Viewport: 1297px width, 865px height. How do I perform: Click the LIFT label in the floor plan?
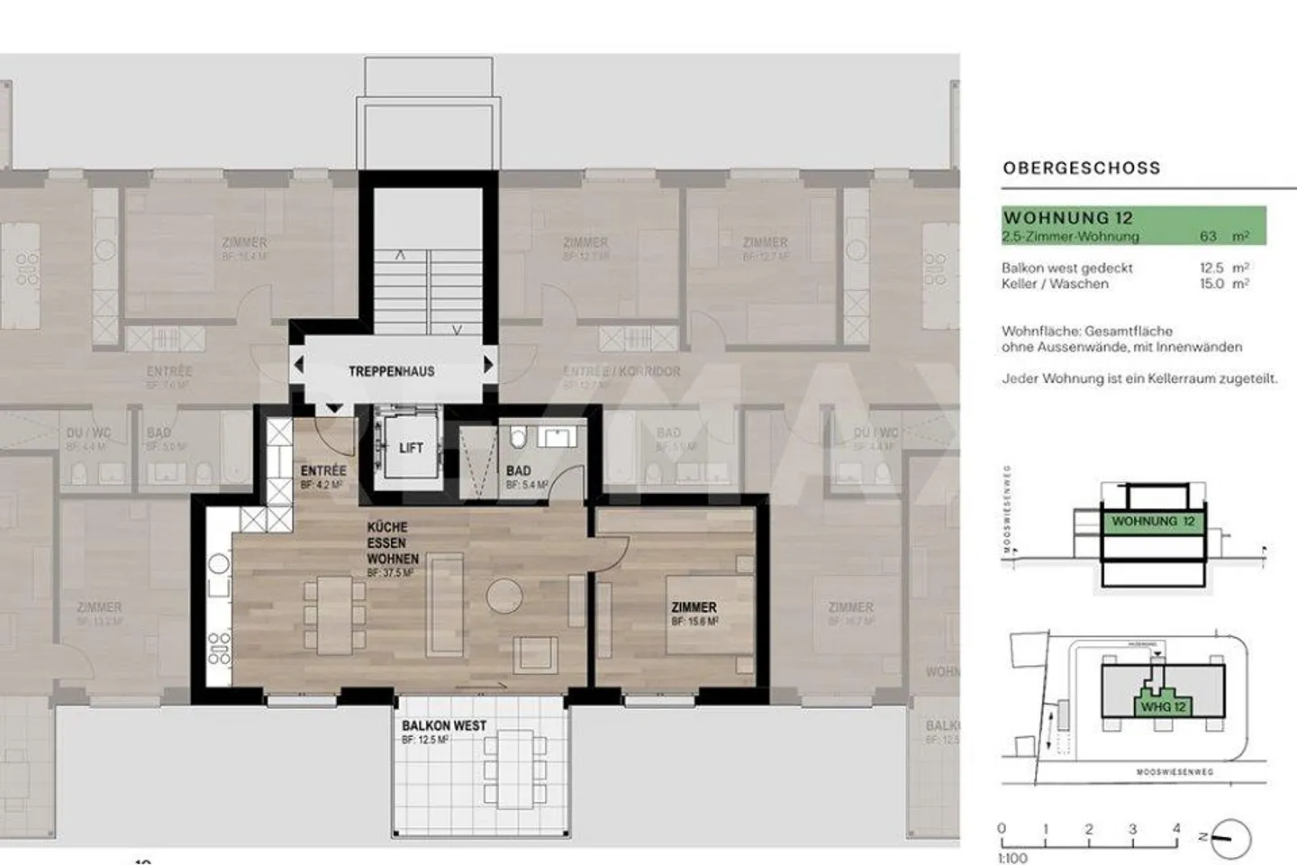pyautogui.click(x=411, y=448)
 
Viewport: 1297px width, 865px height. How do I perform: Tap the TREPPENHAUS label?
pyautogui.click(x=391, y=371)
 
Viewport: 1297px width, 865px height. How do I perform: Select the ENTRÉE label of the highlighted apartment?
pyautogui.click(x=323, y=470)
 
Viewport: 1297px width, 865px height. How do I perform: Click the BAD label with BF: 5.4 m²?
pyautogui.click(x=519, y=470)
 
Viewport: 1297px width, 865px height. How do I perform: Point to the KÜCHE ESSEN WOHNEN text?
pyautogui.click(x=392, y=542)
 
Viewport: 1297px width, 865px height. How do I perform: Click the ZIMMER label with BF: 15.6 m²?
pyautogui.click(x=694, y=607)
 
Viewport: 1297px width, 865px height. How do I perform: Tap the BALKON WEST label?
pyautogui.click(x=444, y=725)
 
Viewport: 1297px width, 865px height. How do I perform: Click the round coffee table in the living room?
pyautogui.click(x=504, y=596)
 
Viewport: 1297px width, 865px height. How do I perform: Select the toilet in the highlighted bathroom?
pyautogui.click(x=518, y=439)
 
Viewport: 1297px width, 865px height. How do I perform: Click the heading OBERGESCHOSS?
pyautogui.click(x=1081, y=168)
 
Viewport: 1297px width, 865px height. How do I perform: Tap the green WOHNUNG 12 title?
pyautogui.click(x=1067, y=217)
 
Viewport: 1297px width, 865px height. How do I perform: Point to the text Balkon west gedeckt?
pyautogui.click(x=1067, y=268)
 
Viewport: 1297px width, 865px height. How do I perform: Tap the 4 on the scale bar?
pyautogui.click(x=1176, y=829)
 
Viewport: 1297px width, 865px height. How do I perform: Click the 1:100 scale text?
pyautogui.click(x=1013, y=858)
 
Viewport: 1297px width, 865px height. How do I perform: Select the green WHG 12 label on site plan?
pyautogui.click(x=1163, y=706)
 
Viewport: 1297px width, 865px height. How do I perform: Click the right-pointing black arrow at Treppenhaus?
pyautogui.click(x=488, y=365)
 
